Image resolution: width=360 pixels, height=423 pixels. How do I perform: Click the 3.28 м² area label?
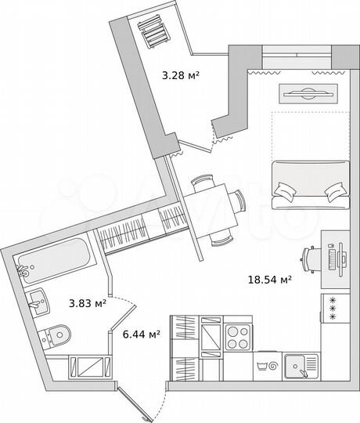point(178,76)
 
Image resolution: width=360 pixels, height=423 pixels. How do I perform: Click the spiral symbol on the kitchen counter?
point(272,365)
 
